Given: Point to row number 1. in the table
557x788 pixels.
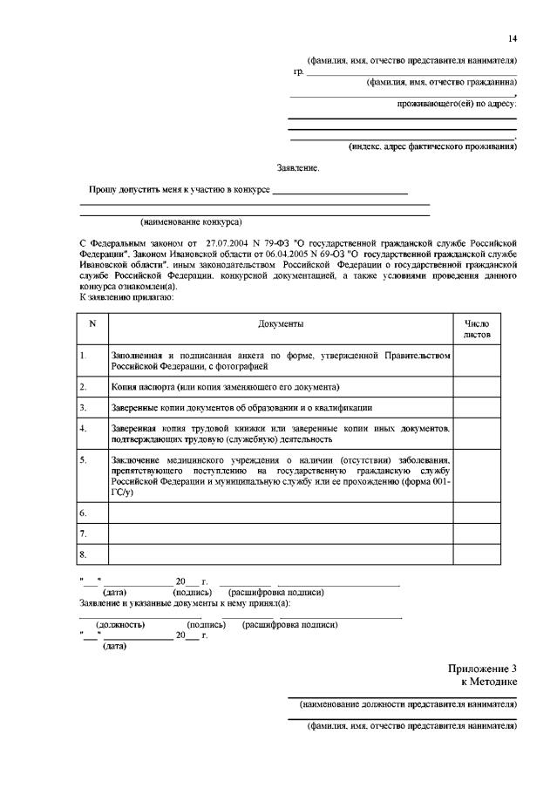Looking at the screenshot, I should (x=83, y=356).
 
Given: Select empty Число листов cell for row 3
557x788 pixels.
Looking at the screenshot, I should (x=477, y=407).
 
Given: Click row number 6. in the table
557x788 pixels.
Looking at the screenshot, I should (x=83, y=512).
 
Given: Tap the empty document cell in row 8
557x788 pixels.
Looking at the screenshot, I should (x=280, y=554).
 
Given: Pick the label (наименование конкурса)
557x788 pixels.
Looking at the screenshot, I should (x=191, y=222).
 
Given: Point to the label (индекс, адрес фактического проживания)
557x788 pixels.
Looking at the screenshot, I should (x=432, y=146).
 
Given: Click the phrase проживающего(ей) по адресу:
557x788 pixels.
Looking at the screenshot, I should (x=456, y=104).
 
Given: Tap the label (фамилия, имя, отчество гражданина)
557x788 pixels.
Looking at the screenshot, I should (x=441, y=83).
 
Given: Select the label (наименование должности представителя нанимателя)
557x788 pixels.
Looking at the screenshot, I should (x=408, y=703).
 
